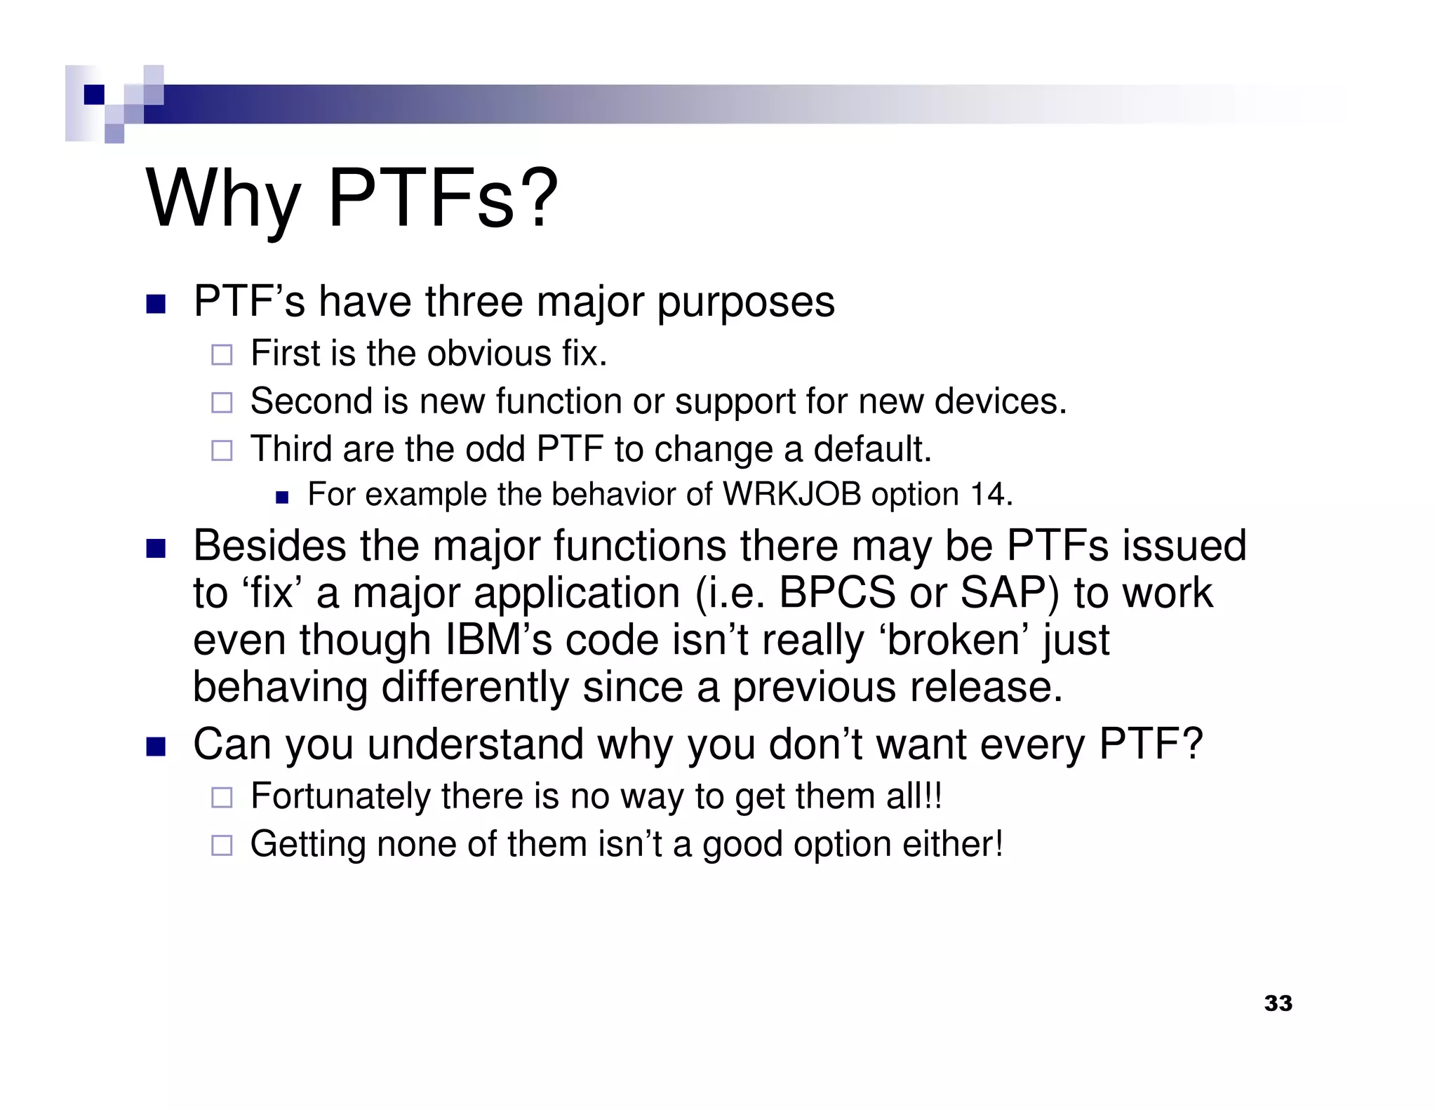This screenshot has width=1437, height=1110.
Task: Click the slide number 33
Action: click(1278, 1003)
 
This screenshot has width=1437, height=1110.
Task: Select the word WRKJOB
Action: click(792, 495)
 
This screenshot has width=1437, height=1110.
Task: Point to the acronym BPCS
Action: click(837, 593)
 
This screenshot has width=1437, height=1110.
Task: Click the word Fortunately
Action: click(340, 796)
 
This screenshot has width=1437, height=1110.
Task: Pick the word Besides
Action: click(269, 546)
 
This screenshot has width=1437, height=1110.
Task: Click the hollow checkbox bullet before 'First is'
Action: click(222, 354)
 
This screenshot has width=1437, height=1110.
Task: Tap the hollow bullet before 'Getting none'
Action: click(222, 845)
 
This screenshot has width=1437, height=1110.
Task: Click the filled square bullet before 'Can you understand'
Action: click(155, 746)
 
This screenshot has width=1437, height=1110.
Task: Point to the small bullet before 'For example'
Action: click(282, 497)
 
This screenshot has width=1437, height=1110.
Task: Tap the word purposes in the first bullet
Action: click(745, 303)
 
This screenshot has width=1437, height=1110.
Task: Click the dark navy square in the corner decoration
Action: click(94, 94)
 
